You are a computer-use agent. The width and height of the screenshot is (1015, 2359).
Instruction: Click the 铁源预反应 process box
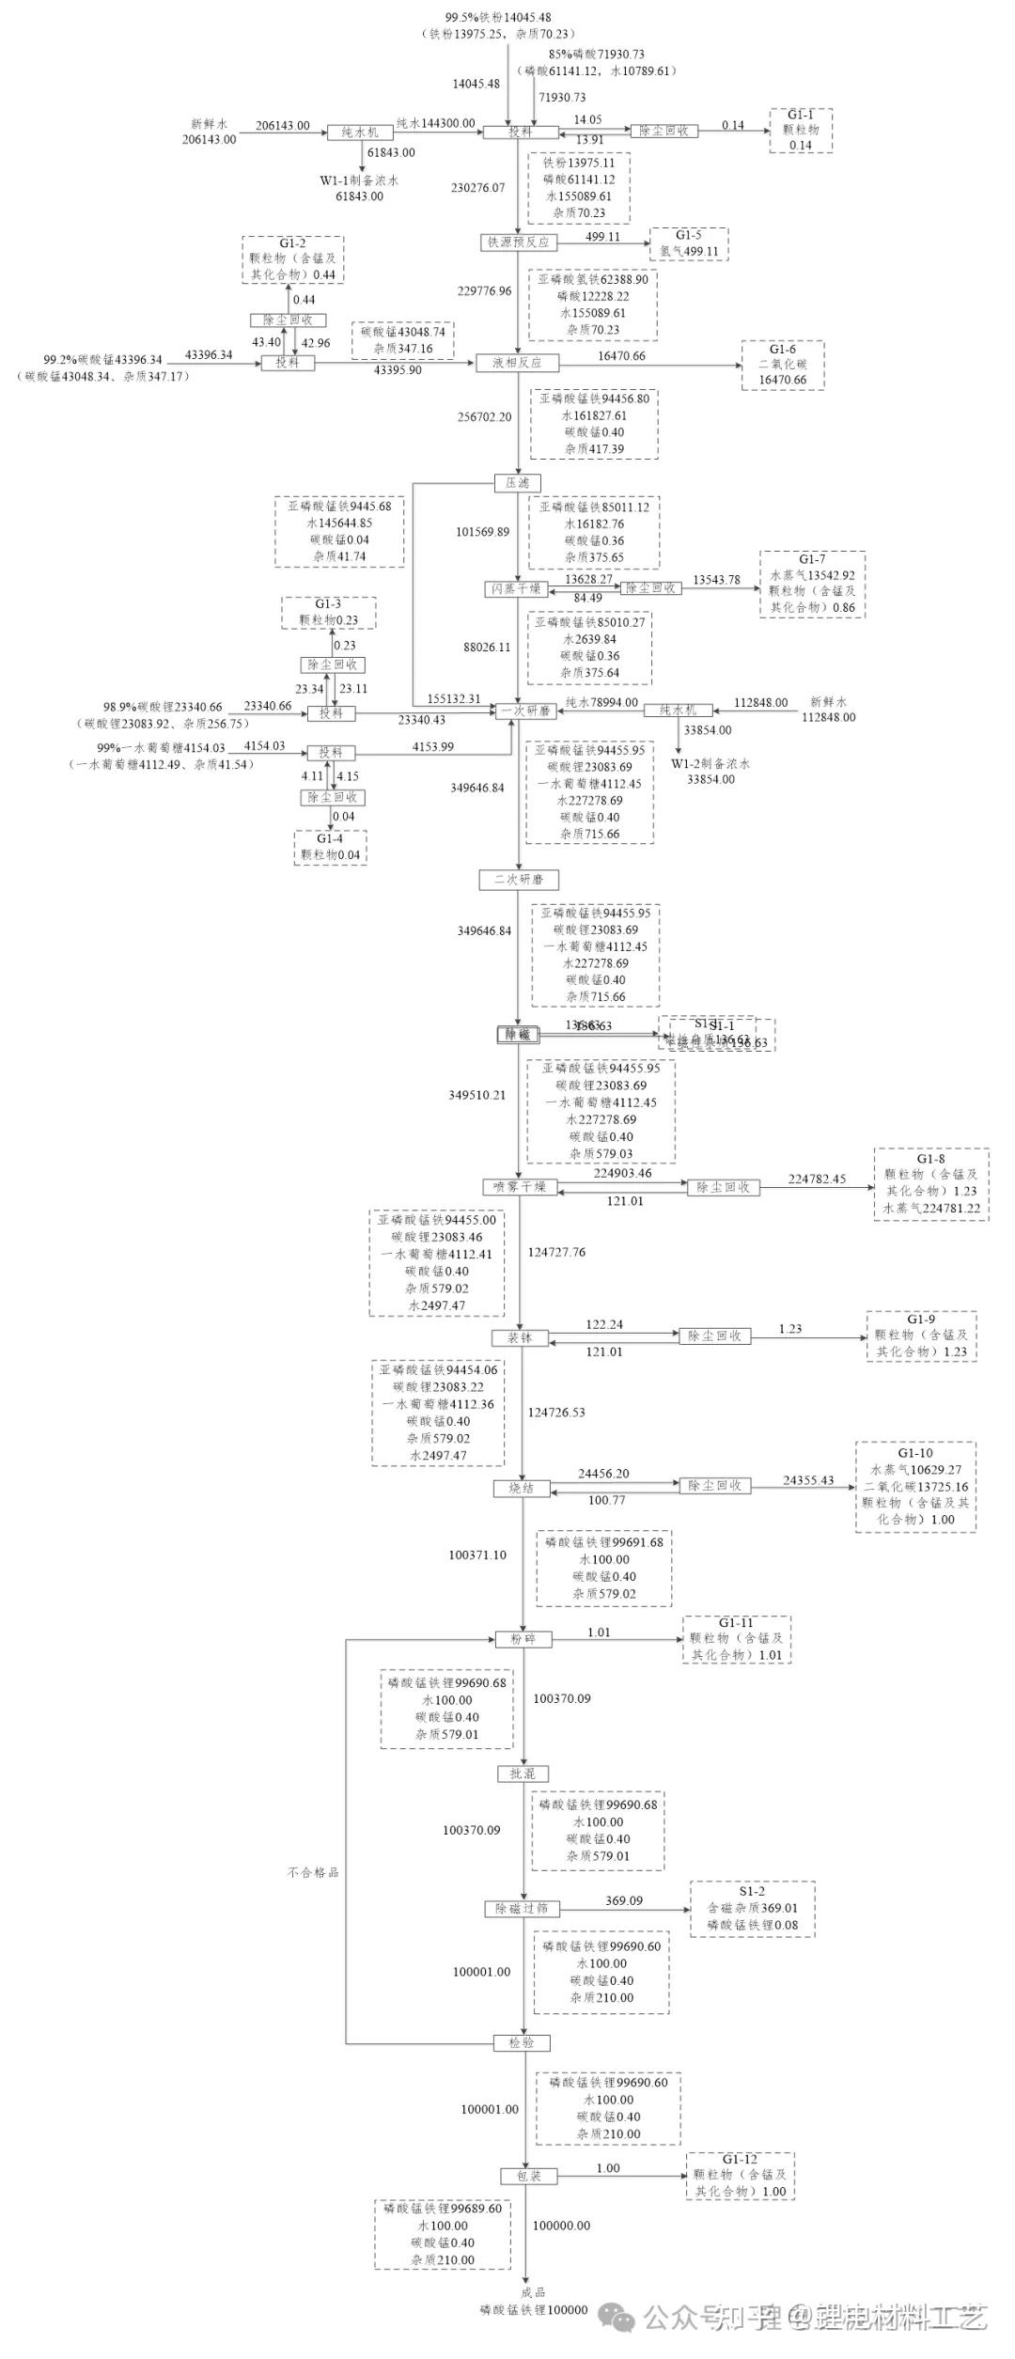coord(518,242)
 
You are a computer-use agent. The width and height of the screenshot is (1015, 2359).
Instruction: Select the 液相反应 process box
coord(517,363)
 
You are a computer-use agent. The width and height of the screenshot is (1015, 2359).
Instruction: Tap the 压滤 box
coord(518,483)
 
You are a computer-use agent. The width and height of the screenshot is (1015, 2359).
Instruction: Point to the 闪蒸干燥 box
coord(516,589)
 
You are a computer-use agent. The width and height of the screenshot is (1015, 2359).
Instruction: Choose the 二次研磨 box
coord(519,880)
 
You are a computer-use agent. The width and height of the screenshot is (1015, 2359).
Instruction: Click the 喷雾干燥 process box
coord(520,1187)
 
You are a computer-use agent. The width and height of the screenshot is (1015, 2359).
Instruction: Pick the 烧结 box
coord(522,1489)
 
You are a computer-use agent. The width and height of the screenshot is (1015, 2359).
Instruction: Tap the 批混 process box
coord(523,1773)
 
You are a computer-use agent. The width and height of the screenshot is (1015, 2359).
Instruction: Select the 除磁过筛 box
coord(523,1909)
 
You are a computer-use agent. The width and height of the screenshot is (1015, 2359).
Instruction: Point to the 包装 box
coord(528,2176)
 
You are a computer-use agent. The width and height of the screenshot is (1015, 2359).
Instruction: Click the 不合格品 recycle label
coord(313,1872)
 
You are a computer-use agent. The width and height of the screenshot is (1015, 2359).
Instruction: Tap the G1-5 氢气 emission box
coord(689,243)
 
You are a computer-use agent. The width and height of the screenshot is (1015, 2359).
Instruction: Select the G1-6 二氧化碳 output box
coord(782,365)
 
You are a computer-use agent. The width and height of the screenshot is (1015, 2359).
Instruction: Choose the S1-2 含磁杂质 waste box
coord(752,1909)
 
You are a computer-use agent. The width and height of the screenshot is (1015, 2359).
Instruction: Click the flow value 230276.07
coord(477,188)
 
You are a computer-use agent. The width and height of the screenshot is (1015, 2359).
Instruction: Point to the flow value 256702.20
coord(485,417)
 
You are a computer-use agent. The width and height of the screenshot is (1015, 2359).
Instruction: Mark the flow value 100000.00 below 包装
coord(561,2226)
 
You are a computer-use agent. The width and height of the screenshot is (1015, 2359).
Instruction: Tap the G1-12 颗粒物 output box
coord(740,2176)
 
